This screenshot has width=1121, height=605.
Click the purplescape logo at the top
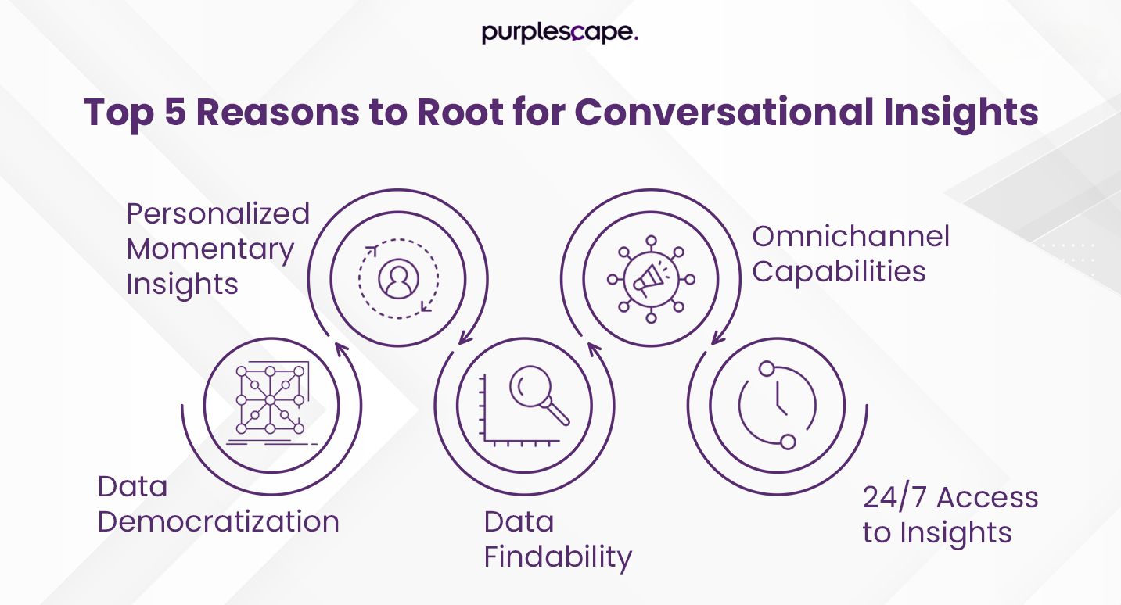(x=559, y=33)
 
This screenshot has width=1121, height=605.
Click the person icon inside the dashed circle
(x=397, y=277)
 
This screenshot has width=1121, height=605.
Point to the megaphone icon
(x=651, y=277)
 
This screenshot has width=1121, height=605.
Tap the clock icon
(x=778, y=405)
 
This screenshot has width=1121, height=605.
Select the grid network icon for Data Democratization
(x=271, y=399)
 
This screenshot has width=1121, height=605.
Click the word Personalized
(x=218, y=214)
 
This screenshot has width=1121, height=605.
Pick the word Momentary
(x=210, y=249)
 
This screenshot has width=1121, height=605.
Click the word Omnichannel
(x=850, y=236)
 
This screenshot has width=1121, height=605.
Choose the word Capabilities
(x=839, y=272)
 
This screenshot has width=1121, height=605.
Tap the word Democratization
(x=218, y=522)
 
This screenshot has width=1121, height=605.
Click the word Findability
(x=558, y=557)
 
